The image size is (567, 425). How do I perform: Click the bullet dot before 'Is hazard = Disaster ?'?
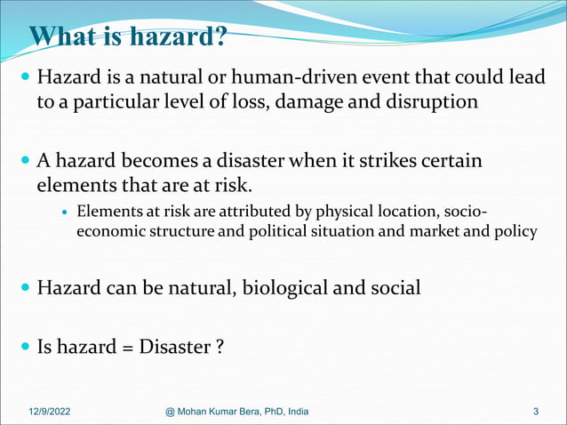(x=25, y=346)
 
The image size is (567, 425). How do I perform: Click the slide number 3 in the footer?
(x=536, y=411)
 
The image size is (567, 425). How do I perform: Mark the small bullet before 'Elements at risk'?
(x=65, y=212)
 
